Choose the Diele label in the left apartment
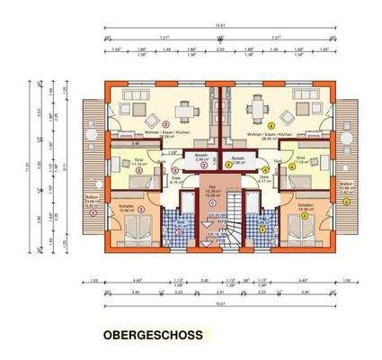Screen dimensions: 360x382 point(176,177)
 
